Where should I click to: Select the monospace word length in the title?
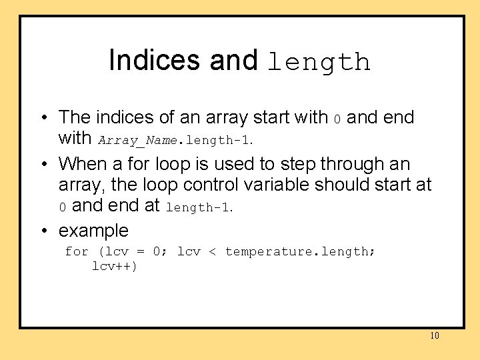pos(319,62)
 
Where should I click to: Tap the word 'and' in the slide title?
pos(233,60)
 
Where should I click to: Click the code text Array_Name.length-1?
pos(176,141)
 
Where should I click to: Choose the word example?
pos(93,231)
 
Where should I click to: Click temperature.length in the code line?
pos(300,251)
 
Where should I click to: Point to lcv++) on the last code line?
pos(115,267)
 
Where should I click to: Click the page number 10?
pos(435,335)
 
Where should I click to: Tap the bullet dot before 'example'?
pos(43,231)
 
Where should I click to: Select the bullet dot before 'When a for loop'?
pos(43,164)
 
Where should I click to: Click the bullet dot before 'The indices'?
pos(43,118)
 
